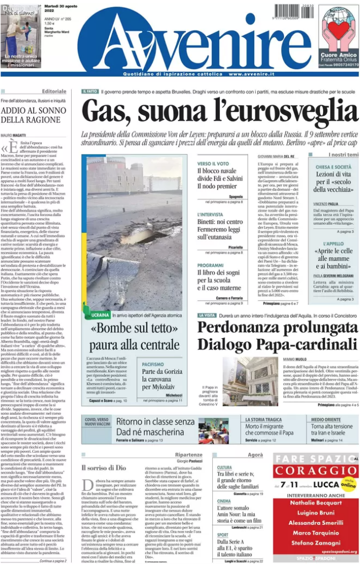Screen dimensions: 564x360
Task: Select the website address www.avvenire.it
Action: tap(253, 73)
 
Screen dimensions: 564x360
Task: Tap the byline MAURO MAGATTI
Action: tap(14, 135)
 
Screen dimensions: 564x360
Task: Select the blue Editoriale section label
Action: tap(54, 91)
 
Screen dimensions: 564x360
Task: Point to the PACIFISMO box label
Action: tap(153, 364)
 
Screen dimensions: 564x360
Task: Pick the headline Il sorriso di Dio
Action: tap(104, 468)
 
